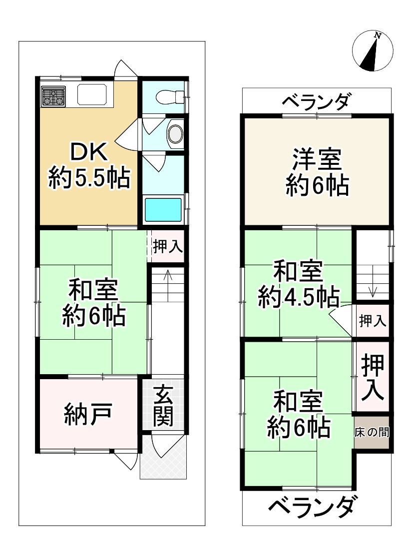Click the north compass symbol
[372, 51]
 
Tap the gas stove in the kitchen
[53, 96]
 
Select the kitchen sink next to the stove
[95, 95]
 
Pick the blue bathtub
[163, 210]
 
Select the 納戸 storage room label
[87, 414]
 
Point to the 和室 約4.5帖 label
[298, 285]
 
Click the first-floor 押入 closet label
[168, 246]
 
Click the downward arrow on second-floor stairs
[372, 290]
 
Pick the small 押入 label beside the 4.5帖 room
[373, 321]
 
